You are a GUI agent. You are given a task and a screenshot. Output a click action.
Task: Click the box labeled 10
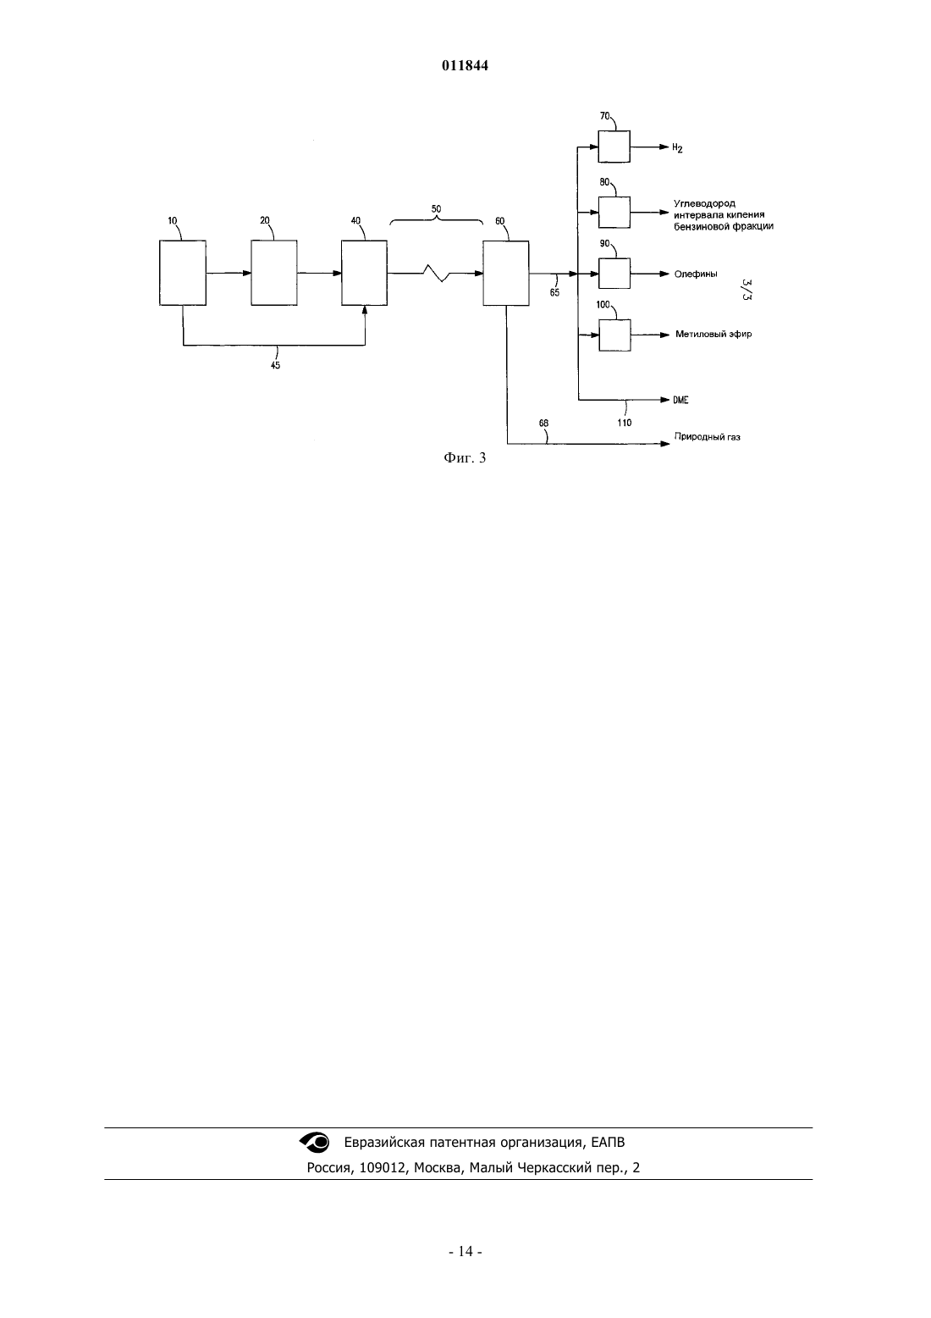click(x=183, y=273)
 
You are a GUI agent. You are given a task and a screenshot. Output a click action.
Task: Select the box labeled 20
click(x=274, y=273)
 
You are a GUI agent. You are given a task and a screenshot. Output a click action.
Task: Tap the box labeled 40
click(x=365, y=273)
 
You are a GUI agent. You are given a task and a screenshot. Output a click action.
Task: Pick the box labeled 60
click(x=506, y=273)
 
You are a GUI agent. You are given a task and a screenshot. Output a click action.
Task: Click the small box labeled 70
click(x=614, y=147)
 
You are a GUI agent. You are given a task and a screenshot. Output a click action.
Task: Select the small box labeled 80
click(x=614, y=212)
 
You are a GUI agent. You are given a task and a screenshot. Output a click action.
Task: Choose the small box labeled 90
click(x=614, y=274)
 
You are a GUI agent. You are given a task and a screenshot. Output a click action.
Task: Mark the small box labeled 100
click(x=614, y=335)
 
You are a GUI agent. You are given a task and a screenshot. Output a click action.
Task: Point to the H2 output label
click(x=677, y=148)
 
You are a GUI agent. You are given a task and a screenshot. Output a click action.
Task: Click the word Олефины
click(x=696, y=274)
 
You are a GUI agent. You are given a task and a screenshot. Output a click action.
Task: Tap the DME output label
click(x=680, y=400)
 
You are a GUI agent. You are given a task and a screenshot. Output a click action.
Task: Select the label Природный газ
click(x=707, y=437)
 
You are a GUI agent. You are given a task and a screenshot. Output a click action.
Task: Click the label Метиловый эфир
click(x=713, y=335)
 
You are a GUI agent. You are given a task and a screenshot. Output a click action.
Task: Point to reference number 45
click(x=275, y=365)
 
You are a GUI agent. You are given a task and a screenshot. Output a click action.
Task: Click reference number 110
click(x=625, y=423)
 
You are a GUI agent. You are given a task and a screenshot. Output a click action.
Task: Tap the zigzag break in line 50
click(x=437, y=273)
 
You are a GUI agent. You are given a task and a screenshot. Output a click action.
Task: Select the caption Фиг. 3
click(x=465, y=458)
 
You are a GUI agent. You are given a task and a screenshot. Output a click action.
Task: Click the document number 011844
click(x=465, y=66)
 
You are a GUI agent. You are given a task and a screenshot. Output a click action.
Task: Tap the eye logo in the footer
click(x=315, y=1142)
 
